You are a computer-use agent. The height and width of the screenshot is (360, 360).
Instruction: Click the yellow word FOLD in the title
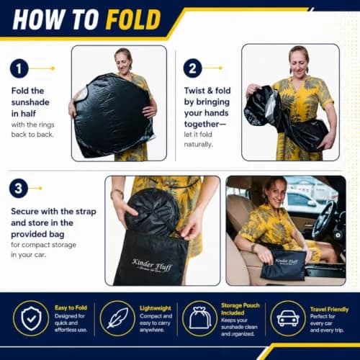tap(133, 19)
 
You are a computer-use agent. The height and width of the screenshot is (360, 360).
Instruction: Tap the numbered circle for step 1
tap(19, 68)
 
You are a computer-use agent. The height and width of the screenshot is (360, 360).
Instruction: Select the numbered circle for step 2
tap(192, 68)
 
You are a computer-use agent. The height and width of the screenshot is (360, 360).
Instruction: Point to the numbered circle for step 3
tap(19, 188)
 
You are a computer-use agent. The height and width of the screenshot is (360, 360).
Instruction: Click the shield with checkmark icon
tap(31, 318)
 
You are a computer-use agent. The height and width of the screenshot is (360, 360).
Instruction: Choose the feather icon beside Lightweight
tap(117, 318)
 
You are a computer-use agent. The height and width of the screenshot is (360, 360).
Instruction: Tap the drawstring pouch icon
tap(200, 318)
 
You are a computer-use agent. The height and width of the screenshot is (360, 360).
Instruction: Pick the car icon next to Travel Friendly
tap(288, 318)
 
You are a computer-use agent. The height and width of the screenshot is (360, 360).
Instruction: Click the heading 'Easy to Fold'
tap(71, 307)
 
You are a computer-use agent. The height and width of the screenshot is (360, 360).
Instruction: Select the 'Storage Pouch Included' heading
tap(240, 309)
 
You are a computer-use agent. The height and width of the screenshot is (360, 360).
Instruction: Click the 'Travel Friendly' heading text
tap(329, 310)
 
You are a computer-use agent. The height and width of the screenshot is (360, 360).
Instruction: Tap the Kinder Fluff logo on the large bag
tap(153, 265)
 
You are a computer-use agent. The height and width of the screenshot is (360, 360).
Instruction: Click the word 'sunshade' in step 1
tap(30, 102)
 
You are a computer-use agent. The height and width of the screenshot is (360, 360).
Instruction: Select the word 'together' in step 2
tap(202, 124)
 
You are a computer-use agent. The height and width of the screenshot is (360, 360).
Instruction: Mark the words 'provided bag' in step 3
tap(37, 234)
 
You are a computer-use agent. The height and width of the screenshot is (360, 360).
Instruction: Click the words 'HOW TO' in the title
tap(55, 19)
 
